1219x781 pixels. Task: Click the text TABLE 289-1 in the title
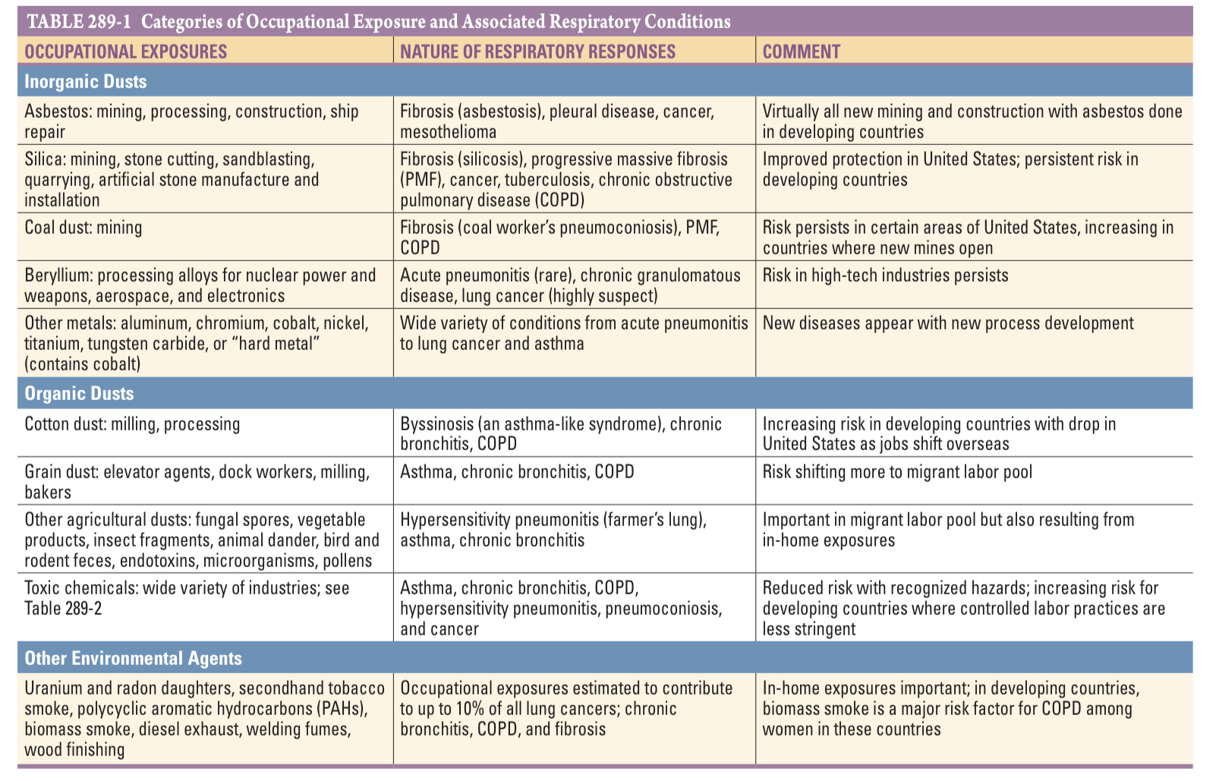78,21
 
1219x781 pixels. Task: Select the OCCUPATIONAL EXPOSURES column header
125,52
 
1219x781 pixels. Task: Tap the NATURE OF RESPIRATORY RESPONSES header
537,52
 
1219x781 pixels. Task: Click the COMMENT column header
801,52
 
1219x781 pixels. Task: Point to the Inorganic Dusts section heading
85,81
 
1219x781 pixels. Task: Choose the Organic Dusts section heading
79,393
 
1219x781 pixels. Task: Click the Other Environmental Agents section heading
133,658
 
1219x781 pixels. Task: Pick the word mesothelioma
448,132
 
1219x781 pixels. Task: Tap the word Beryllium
58,276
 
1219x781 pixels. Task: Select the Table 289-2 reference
62,609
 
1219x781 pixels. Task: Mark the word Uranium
53,688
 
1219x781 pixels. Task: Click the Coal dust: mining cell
83,228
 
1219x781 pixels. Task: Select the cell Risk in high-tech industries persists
885,276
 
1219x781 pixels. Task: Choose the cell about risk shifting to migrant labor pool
897,472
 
